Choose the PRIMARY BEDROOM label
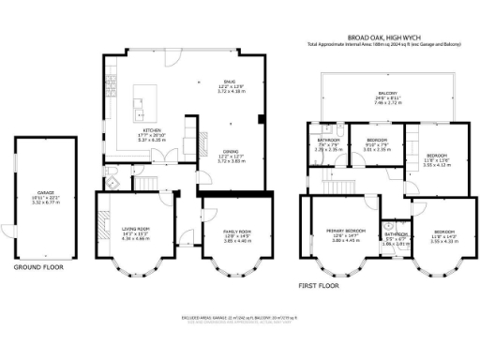click(x=345, y=230)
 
